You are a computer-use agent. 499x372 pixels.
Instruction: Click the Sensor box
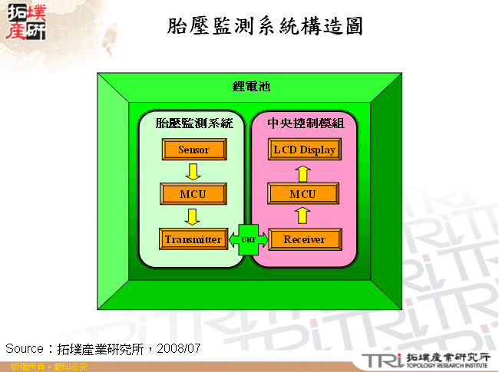(x=193, y=150)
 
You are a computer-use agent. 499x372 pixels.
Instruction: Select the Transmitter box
(x=193, y=239)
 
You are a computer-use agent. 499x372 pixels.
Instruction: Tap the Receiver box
(x=304, y=239)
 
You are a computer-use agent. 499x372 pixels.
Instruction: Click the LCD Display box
(x=304, y=150)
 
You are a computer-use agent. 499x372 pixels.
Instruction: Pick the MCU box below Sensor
(x=193, y=194)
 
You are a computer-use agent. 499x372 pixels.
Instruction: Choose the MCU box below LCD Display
(x=304, y=194)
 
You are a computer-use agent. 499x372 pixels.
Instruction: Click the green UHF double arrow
(x=248, y=239)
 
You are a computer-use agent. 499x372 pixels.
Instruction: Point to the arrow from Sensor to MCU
(x=193, y=172)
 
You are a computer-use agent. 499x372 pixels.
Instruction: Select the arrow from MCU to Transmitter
(x=193, y=216)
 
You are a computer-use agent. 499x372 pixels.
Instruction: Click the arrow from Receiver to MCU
(x=304, y=216)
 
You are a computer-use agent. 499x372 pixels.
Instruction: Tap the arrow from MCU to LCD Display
(x=304, y=172)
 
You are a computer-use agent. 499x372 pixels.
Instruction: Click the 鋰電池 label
(x=251, y=87)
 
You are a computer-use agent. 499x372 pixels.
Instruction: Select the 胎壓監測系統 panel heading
(x=193, y=123)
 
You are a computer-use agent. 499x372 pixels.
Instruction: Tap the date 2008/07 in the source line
(x=179, y=348)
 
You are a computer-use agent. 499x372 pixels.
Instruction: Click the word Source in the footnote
(x=24, y=348)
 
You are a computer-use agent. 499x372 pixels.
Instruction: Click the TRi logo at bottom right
(x=379, y=360)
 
